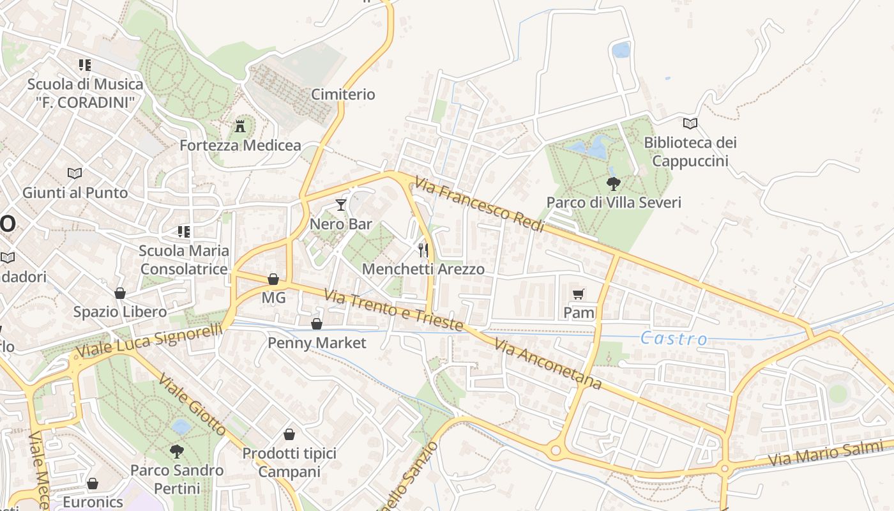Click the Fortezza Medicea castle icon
(240, 126)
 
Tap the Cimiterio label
(343, 95)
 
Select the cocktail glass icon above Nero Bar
(341, 205)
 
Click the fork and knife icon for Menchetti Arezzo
(423, 249)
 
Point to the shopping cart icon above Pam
(579, 294)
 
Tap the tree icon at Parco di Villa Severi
(614, 184)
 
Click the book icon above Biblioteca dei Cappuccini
(690, 123)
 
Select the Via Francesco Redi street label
(479, 205)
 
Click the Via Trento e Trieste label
(393, 310)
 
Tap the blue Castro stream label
(674, 339)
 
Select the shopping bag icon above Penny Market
(317, 324)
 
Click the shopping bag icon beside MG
(273, 279)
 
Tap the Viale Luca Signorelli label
(149, 340)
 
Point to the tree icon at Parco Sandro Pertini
(177, 452)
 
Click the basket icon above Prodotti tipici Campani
(289, 435)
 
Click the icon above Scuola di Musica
(85, 65)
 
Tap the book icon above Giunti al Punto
(75, 173)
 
